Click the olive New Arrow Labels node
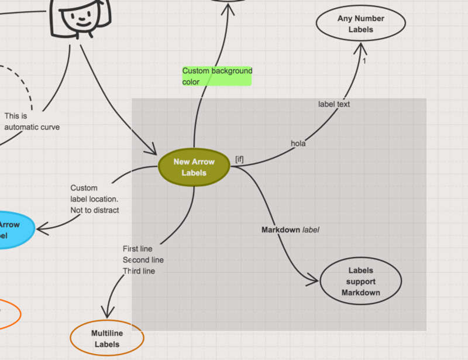194,167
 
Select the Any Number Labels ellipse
360,23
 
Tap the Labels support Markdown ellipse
360,281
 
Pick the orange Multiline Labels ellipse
107,338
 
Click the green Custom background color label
217,76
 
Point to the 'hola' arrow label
298,143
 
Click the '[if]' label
239,159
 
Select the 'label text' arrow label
333,104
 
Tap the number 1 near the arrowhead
364,61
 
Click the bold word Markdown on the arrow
281,229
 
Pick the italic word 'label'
311,229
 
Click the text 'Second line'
143,260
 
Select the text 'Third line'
139,271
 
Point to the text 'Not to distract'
95,210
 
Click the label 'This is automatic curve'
32,122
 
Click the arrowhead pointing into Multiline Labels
107,312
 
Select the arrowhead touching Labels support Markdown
312,280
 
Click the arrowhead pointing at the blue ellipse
42,229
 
